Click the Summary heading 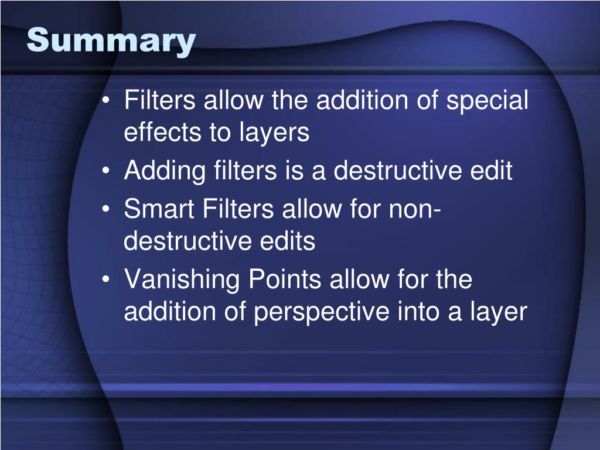click(111, 41)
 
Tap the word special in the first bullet click(487, 101)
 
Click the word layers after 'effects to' click(274, 134)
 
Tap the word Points click(285, 280)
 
